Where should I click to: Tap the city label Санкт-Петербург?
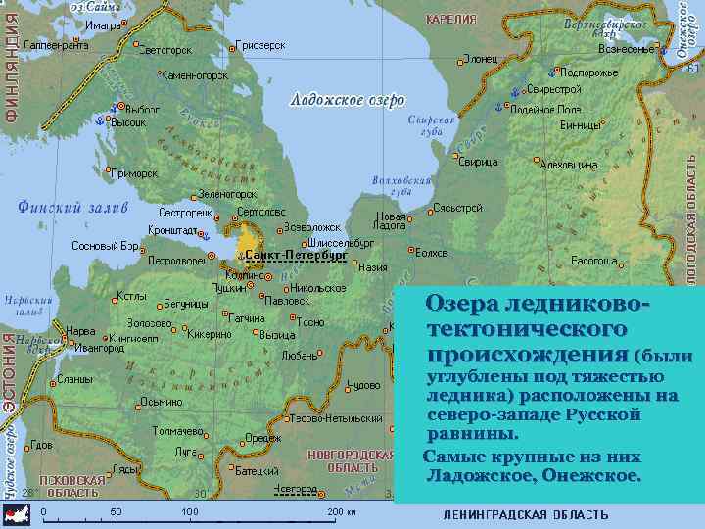click(x=296, y=255)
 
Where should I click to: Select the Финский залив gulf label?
click(x=72, y=207)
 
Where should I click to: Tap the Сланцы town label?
click(x=74, y=379)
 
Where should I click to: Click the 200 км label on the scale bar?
click(x=341, y=512)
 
